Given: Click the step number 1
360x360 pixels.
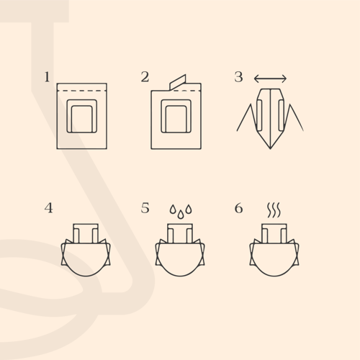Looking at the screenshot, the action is click(x=48, y=77).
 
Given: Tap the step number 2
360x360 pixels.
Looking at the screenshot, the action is click(x=145, y=77).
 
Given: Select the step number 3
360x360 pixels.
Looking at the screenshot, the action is click(x=238, y=77).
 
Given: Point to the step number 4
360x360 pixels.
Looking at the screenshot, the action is click(x=49, y=208).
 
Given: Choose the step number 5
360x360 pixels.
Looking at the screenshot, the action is click(x=145, y=208).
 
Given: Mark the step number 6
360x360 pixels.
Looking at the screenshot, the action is click(x=238, y=208).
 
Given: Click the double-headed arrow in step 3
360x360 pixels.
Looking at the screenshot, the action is click(x=270, y=78).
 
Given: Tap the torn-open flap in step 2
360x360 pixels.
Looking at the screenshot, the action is click(x=178, y=82).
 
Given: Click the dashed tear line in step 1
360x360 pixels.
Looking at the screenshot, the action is click(x=82, y=91).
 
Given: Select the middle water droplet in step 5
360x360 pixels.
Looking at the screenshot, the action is click(x=181, y=215).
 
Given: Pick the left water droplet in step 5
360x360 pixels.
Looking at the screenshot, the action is click(x=173, y=209).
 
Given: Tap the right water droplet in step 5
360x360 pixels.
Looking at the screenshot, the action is click(x=189, y=209).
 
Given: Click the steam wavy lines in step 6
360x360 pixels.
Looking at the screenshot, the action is click(x=274, y=210).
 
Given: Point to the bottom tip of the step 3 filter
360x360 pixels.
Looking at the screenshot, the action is click(x=270, y=149).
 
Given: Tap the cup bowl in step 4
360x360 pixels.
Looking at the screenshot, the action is click(x=86, y=276).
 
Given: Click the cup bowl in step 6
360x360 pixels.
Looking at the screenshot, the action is click(x=274, y=276).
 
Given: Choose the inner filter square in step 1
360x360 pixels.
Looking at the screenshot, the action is click(x=82, y=105).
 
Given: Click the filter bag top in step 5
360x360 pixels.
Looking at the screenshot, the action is click(x=180, y=224).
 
